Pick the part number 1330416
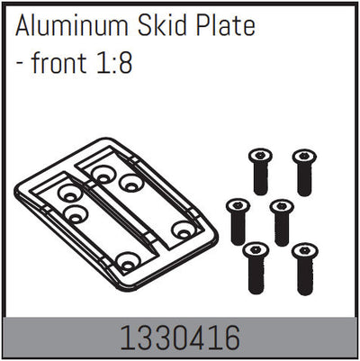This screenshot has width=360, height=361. pyautogui.click(x=181, y=338)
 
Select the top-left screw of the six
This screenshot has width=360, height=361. pyautogui.click(x=260, y=172)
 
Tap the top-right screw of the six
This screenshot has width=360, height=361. pyautogui.click(x=303, y=172)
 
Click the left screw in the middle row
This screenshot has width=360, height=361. pyautogui.click(x=238, y=221)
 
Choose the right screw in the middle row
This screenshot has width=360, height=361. pyautogui.click(x=282, y=221)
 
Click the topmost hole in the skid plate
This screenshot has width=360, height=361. pyautogui.click(x=108, y=169)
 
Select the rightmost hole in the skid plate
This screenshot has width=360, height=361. pyautogui.click(x=184, y=230)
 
